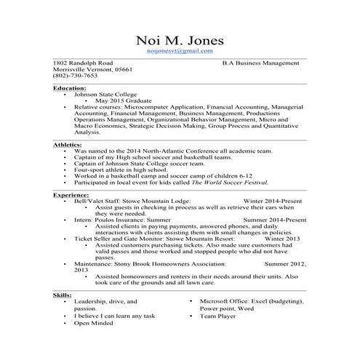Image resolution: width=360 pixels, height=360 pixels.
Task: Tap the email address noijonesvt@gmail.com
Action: [x=180, y=52]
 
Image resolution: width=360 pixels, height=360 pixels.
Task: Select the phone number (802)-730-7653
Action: [x=76, y=76]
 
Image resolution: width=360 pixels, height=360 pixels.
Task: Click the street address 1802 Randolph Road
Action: [x=83, y=63]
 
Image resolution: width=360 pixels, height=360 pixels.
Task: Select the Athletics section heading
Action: [x=68, y=145]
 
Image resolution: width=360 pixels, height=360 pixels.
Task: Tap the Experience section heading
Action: [x=71, y=196]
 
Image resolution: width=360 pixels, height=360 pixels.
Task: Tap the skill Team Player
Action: [x=219, y=317]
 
